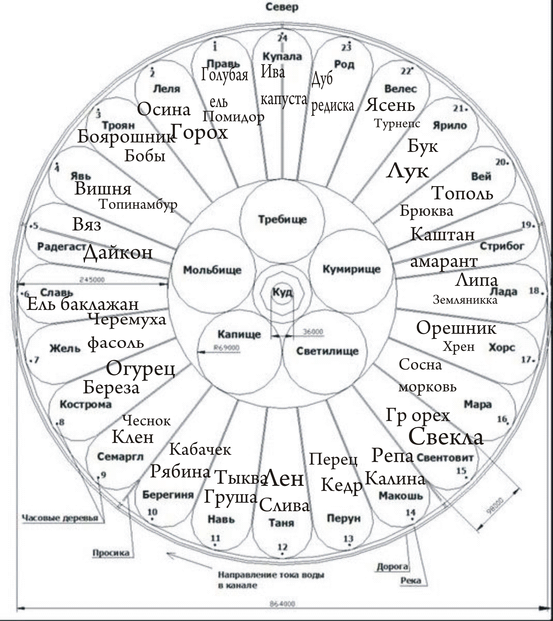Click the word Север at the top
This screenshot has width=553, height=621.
[282, 7]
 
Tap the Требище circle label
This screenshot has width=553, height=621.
[282, 219]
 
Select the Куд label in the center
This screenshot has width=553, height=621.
[282, 292]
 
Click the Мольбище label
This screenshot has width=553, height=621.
[212, 270]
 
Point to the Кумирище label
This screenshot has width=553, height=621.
[351, 269]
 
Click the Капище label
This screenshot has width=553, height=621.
[239, 334]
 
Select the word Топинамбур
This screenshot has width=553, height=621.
[138, 204]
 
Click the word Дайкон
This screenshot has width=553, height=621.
[118, 253]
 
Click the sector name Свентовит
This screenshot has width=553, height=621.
[444, 458]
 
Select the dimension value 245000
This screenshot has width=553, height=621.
[92, 280]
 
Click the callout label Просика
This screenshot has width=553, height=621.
[111, 553]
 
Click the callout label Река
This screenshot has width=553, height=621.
[411, 581]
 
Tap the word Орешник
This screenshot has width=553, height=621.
[456, 328]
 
